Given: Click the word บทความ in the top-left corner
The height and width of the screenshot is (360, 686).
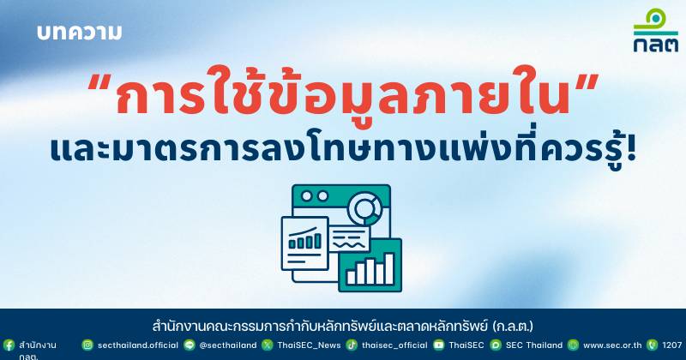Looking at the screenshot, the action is coord(79,33).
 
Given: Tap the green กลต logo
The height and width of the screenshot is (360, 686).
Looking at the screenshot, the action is coord(656,30).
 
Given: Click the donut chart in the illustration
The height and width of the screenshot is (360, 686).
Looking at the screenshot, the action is coord(364,208).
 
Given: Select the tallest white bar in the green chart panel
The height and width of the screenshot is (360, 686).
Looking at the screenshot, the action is coord(389,268).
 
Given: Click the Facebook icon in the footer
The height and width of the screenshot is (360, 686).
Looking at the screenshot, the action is coord(9,345).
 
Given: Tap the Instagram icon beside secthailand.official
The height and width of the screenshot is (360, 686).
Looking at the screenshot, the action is coord(87,345).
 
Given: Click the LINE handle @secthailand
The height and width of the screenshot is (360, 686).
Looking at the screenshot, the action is coord(228,345).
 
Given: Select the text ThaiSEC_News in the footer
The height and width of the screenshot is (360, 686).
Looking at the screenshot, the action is coord(309,345).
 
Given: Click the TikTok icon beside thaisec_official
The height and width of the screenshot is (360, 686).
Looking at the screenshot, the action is coord(352,345).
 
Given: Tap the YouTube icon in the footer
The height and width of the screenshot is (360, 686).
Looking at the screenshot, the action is coord(438,345).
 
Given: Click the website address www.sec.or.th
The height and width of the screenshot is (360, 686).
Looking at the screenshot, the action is coord(612,345).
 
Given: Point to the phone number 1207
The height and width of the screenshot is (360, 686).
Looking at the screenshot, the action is coord(672,345).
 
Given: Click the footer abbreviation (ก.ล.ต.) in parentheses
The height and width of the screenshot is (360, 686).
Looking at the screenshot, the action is coord(513,327).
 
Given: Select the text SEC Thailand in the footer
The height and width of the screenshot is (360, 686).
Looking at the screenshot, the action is coord(534,345).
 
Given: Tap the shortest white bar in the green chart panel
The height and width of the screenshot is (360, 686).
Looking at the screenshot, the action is coord(351,278).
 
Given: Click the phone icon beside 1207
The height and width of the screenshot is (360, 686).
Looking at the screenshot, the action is coord(652,345).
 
